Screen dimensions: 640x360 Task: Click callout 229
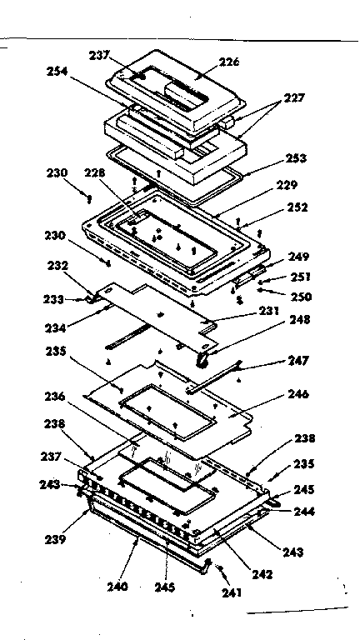[287, 184]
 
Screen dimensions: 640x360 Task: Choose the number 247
[298, 362]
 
